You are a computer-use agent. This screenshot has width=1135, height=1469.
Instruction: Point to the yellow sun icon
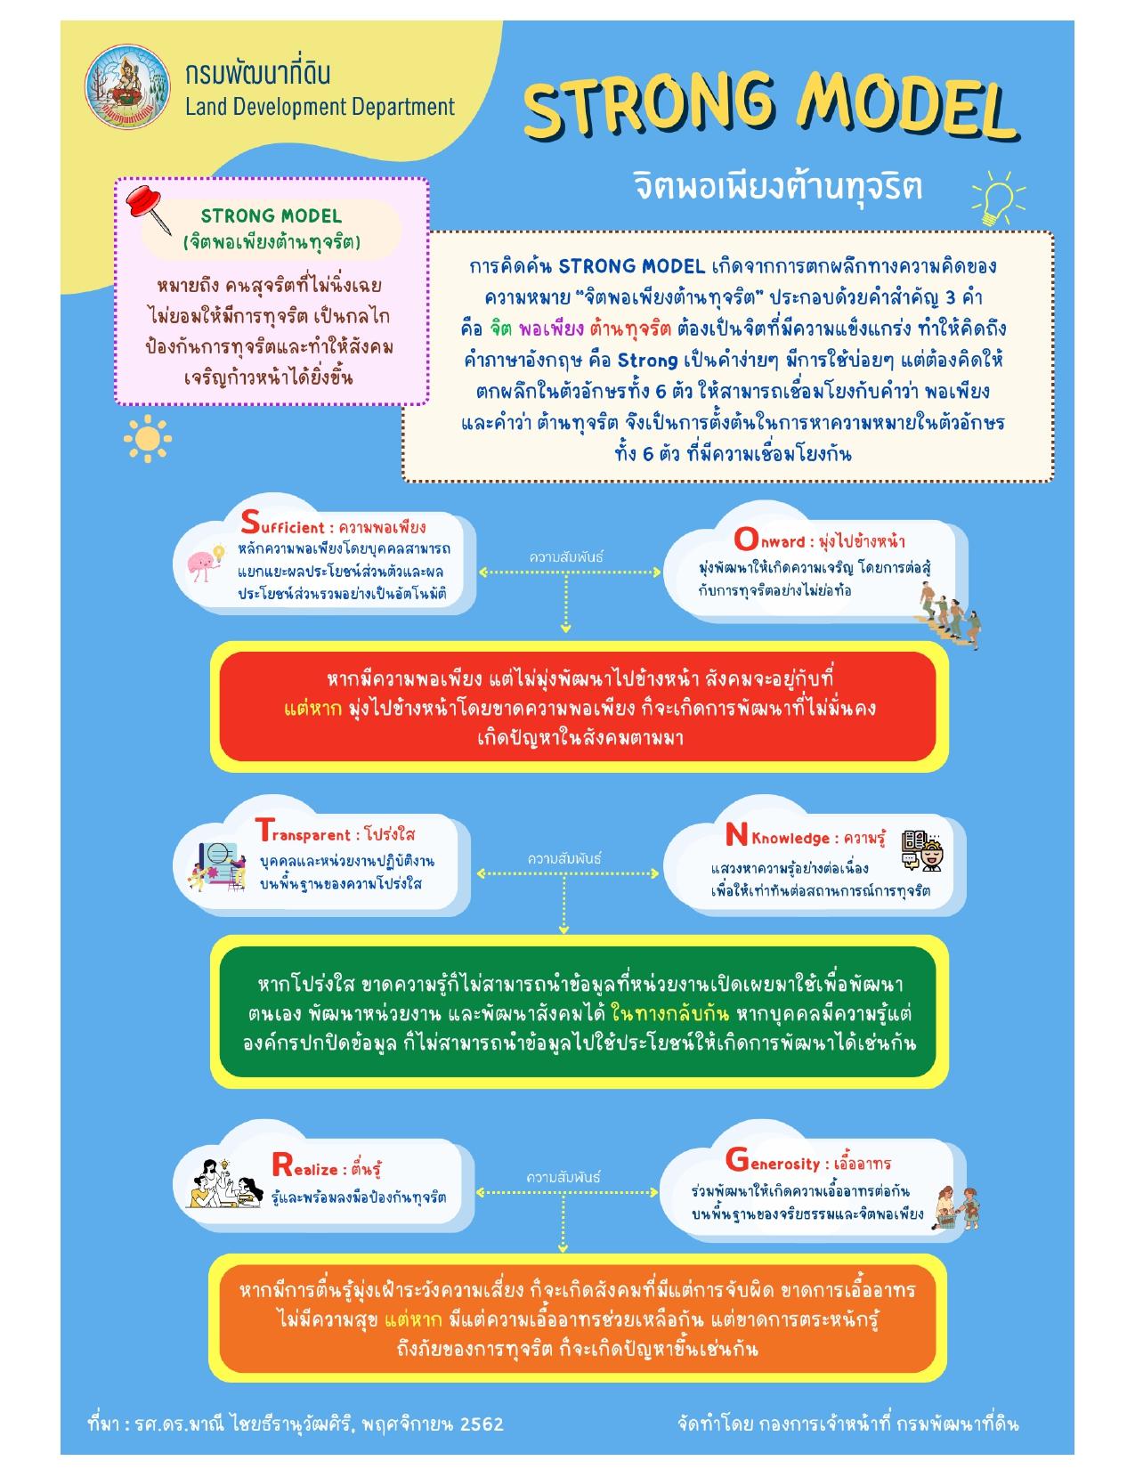coord(148,439)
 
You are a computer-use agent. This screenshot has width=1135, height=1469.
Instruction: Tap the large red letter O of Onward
coord(746,539)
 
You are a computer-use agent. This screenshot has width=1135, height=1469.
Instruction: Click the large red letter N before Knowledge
coord(736,835)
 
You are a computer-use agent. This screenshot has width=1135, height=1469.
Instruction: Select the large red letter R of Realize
coord(281,1165)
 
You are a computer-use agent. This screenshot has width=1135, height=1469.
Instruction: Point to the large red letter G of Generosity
coord(737,1160)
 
